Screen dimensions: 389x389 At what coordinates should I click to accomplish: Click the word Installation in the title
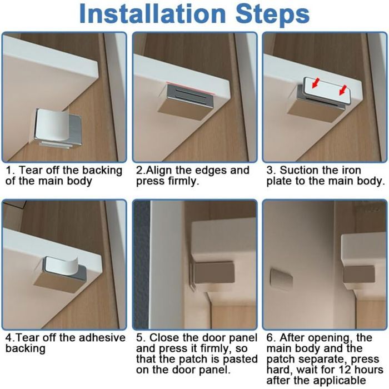(x=152, y=14)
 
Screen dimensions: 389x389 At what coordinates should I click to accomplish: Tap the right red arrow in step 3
(x=343, y=90)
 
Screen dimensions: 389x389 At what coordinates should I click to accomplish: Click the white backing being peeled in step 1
(x=51, y=125)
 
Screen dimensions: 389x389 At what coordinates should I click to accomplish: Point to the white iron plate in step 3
(x=327, y=90)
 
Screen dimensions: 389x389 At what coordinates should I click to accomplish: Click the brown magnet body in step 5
(x=213, y=272)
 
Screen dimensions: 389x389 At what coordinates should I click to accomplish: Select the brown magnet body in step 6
(x=359, y=274)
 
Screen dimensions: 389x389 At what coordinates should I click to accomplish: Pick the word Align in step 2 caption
(x=158, y=171)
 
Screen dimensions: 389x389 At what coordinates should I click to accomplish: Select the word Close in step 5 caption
(x=162, y=338)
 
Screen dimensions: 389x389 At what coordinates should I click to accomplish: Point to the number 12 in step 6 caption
(x=345, y=370)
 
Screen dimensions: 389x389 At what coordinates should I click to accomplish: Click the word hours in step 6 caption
(x=368, y=370)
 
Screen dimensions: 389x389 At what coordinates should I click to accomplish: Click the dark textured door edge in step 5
(x=142, y=265)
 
